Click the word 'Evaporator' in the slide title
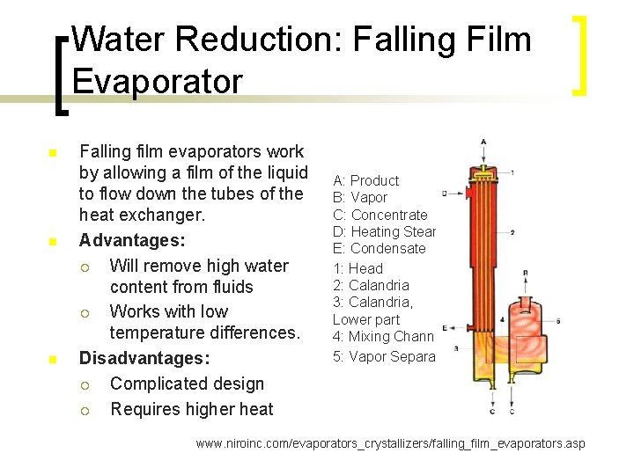click(157, 81)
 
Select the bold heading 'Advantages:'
click(123, 240)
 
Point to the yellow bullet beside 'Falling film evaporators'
click(53, 154)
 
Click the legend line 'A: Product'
click(365, 180)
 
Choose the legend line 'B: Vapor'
click(359, 198)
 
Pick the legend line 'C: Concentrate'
click(380, 215)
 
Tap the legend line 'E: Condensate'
click(379, 248)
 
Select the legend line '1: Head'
click(358, 268)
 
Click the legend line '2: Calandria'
click(371, 285)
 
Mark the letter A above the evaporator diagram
click(483, 142)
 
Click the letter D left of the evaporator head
click(445, 193)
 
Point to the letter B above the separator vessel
click(525, 274)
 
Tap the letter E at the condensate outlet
click(445, 326)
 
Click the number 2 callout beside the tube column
click(512, 232)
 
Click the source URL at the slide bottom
click(390, 443)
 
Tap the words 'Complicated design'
click(187, 384)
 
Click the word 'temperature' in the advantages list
click(162, 332)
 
